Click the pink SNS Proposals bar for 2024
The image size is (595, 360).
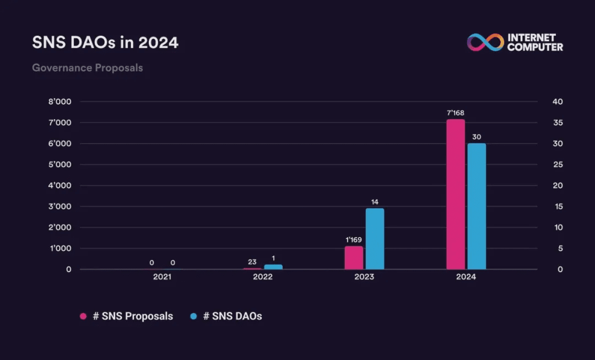[x=456, y=194]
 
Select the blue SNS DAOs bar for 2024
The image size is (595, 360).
[x=477, y=206]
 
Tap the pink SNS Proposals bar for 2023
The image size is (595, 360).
[x=354, y=257]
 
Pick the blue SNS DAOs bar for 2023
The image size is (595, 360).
[x=375, y=239]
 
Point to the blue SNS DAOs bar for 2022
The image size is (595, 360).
[x=273, y=267]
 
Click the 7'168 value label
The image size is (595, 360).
[x=456, y=113]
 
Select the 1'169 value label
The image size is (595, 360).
[x=354, y=240]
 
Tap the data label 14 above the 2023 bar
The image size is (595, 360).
[x=375, y=202]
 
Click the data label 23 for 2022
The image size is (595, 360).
[x=252, y=262]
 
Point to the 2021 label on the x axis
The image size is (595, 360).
[x=162, y=277]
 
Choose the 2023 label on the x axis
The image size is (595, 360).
[x=364, y=277]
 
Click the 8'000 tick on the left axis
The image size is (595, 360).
[x=61, y=102]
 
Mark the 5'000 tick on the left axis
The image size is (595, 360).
[x=61, y=165]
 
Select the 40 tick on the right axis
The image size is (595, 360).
[x=558, y=102]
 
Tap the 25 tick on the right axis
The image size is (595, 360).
[x=558, y=165]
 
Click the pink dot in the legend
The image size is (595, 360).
[x=83, y=316]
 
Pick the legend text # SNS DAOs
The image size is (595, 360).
[x=232, y=316]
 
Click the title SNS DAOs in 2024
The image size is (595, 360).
[x=105, y=43]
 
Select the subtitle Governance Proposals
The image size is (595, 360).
[x=88, y=68]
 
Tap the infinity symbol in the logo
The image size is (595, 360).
[x=485, y=42]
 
